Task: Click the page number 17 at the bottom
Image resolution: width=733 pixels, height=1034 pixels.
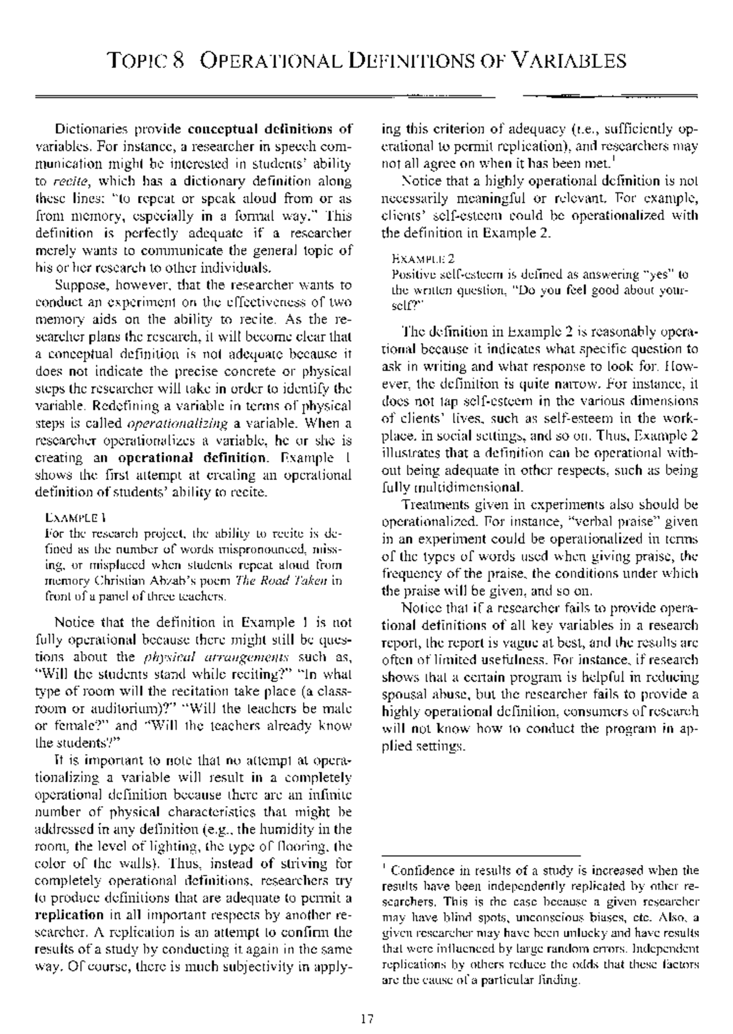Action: (366, 1018)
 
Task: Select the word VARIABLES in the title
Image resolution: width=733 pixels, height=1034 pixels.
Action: (568, 60)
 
